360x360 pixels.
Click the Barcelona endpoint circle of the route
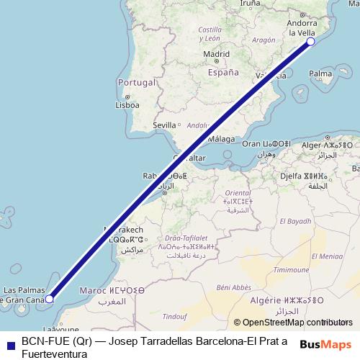tap(311, 42)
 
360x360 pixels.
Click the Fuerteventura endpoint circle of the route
tap(50, 298)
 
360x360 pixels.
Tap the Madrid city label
tap(216, 54)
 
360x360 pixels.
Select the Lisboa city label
tap(127, 104)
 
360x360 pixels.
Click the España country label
tap(222, 73)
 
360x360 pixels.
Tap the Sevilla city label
tap(165, 125)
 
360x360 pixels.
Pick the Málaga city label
tap(222, 139)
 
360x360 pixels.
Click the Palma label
tap(320, 73)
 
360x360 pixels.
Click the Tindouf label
tap(175, 316)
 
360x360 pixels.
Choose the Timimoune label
tap(296, 269)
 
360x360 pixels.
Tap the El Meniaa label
tap(327, 256)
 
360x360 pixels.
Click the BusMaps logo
tap(326, 344)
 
